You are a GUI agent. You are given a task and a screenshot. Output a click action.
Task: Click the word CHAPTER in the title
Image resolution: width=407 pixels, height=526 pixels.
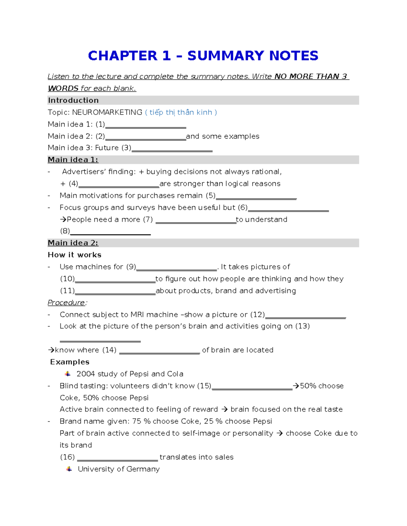pyautogui.click(x=122, y=56)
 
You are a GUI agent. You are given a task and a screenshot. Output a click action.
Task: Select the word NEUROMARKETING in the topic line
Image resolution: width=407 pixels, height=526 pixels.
pyautogui.click(x=107, y=112)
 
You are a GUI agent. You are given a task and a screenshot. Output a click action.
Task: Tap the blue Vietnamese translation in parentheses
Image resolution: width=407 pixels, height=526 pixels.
pyautogui.click(x=181, y=112)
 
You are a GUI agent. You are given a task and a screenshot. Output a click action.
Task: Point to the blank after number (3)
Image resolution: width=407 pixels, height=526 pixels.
pyautogui.click(x=172, y=150)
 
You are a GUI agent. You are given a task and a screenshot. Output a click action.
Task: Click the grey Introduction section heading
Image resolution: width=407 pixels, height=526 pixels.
pyautogui.click(x=73, y=100)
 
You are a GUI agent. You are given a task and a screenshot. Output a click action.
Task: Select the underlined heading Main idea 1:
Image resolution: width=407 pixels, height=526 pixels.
pyautogui.click(x=73, y=160)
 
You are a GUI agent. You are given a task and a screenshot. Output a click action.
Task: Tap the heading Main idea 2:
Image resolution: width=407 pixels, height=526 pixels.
pyautogui.click(x=73, y=243)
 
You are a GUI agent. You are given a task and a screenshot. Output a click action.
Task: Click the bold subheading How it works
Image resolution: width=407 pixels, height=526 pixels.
pyautogui.click(x=75, y=255)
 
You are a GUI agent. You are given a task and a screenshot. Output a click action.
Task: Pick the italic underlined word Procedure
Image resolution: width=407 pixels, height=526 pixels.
pyautogui.click(x=66, y=302)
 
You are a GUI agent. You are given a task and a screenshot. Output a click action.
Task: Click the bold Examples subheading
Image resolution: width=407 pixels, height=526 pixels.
pyautogui.click(x=70, y=362)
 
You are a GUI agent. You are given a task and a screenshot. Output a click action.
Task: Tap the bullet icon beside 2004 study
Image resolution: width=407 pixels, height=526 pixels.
pyautogui.click(x=68, y=374)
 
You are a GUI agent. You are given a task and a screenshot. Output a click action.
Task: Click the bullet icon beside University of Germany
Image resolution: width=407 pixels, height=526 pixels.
pyautogui.click(x=69, y=469)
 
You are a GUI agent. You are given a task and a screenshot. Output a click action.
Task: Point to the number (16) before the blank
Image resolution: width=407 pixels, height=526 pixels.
pyautogui.click(x=67, y=457)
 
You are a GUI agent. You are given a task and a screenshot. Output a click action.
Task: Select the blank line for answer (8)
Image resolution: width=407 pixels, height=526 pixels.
pyautogui.click(x=110, y=233)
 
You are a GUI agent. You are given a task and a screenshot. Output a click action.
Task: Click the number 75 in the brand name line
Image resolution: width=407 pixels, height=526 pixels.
pyautogui.click(x=137, y=421)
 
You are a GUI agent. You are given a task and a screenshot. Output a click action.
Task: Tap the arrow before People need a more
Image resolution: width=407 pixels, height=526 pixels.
pyautogui.click(x=63, y=219)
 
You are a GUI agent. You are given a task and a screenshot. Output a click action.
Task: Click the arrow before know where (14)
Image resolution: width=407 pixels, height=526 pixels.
pyautogui.click(x=51, y=350)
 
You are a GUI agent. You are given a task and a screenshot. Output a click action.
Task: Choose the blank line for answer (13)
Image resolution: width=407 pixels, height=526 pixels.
pyautogui.click(x=100, y=340)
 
